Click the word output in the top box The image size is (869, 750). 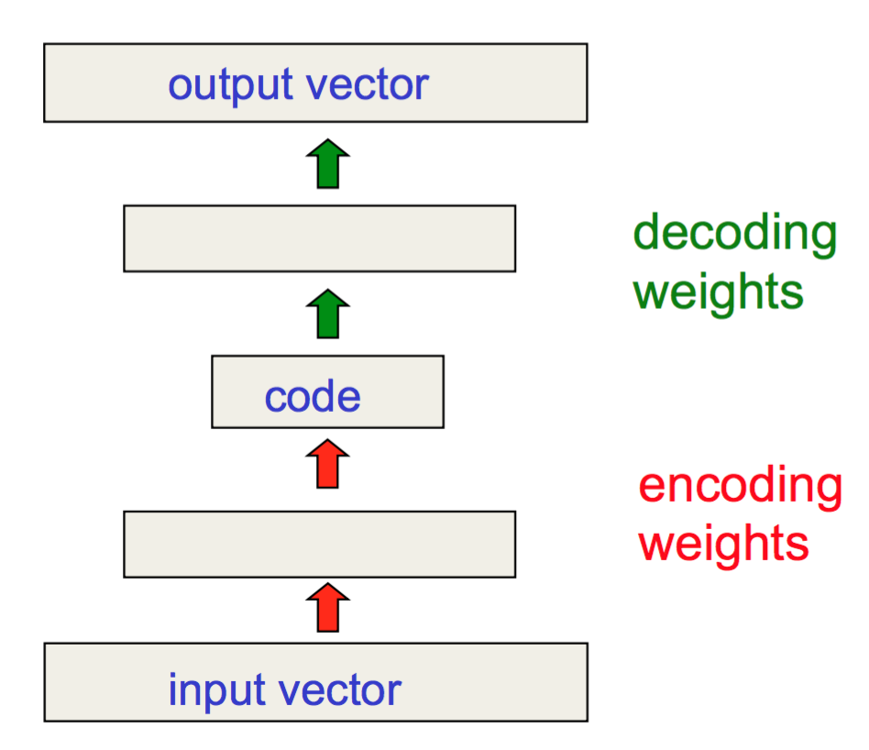pyautogui.click(x=230, y=86)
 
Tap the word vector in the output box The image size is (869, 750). pyautogui.click(x=368, y=85)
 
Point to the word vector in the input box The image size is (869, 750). pyautogui.click(x=340, y=690)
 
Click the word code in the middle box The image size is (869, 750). pyautogui.click(x=313, y=396)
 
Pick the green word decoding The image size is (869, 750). pyautogui.click(x=735, y=235)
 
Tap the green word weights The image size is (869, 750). pyautogui.click(x=719, y=292)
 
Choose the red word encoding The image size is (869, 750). pyautogui.click(x=741, y=487)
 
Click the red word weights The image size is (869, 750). pyautogui.click(x=724, y=545)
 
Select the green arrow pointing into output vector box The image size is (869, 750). pyautogui.click(x=328, y=163)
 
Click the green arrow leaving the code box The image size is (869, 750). pyautogui.click(x=328, y=314)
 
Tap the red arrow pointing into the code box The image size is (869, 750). pyautogui.click(x=327, y=464)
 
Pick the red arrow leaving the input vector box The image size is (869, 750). pyautogui.click(x=328, y=608)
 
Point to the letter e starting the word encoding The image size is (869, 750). pyautogui.click(x=654, y=487)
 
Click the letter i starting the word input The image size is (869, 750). pyautogui.click(x=172, y=689)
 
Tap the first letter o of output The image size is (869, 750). pyautogui.click(x=182, y=86)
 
